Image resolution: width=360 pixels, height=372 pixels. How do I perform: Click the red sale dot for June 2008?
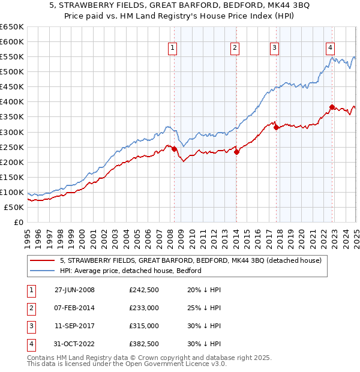click(175, 149)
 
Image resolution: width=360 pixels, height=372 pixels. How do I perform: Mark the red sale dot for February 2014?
click(236, 152)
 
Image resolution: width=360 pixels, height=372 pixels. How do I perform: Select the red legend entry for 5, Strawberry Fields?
click(191, 260)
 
